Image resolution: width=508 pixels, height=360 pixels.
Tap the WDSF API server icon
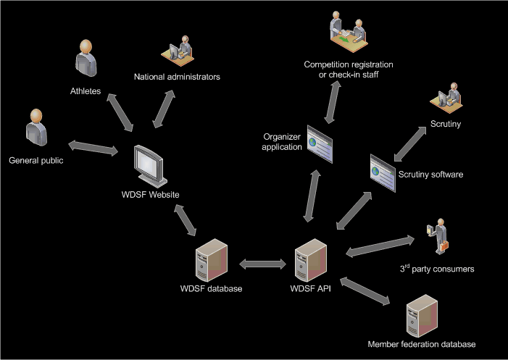(310, 261)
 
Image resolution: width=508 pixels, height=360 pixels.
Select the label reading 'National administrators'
(177, 76)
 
